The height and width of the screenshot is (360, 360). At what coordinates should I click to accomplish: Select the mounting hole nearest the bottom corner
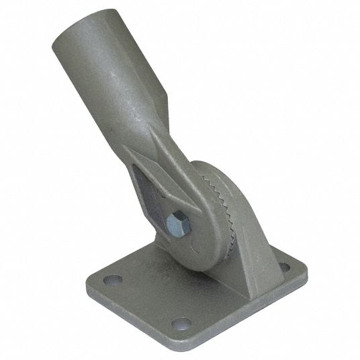[x=180, y=324]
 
